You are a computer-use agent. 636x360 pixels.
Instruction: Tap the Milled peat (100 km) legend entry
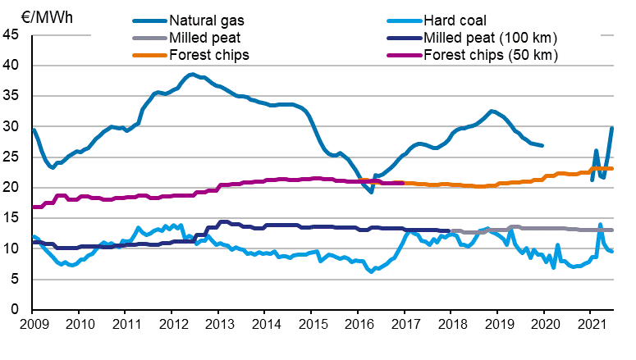(489, 38)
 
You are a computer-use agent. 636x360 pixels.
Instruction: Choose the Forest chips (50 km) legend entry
(489, 56)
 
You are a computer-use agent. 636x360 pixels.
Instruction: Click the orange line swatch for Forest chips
(148, 56)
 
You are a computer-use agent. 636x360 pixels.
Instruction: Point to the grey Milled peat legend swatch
(148, 38)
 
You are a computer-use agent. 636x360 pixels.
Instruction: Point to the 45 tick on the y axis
(11, 35)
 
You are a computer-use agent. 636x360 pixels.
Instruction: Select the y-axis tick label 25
(11, 157)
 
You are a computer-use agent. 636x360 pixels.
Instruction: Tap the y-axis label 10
(11, 249)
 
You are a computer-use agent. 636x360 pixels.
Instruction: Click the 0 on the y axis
(16, 310)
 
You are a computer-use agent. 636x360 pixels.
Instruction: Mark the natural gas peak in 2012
(191, 75)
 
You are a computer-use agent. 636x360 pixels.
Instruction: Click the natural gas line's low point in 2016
(372, 191)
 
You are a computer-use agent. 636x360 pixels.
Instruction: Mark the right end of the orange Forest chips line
(613, 168)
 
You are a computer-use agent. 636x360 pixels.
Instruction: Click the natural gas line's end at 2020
(542, 146)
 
